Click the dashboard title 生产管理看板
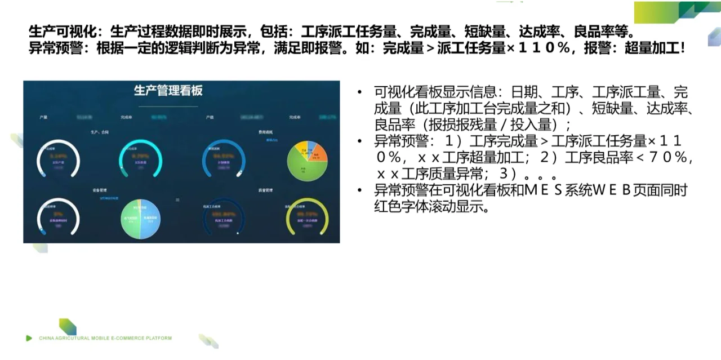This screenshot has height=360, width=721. pos(168,91)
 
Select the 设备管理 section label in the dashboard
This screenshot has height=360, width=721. pos(100,190)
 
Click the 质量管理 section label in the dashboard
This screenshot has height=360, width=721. pos(265,190)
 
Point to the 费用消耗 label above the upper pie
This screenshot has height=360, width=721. pos(265,133)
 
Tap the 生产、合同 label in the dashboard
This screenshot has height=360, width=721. pos(99,133)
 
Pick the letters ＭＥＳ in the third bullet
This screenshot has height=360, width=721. pos(544,190)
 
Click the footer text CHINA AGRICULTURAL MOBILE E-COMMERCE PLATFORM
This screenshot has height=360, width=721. pos(105,338)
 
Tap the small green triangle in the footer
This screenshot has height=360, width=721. pos(29,338)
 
